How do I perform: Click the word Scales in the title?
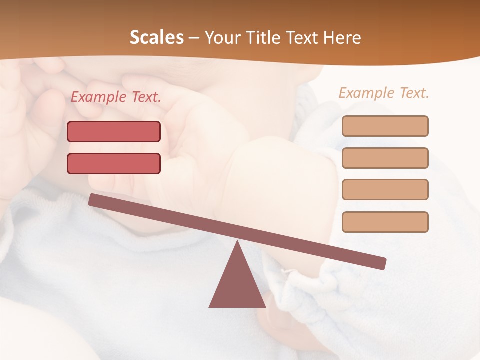point(157,38)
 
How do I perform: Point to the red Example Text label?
point(116,97)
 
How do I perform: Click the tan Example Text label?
point(384,93)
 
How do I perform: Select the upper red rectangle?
point(114,131)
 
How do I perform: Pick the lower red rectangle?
point(114,163)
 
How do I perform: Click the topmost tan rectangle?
point(385,126)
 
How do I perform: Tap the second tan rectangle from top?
point(385,158)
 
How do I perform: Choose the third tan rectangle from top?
point(385,189)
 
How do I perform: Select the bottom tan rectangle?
point(385,222)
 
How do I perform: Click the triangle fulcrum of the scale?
point(237,285)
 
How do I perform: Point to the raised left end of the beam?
point(93,199)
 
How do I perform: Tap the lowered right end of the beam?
point(382,263)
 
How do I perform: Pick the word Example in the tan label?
point(367,93)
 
